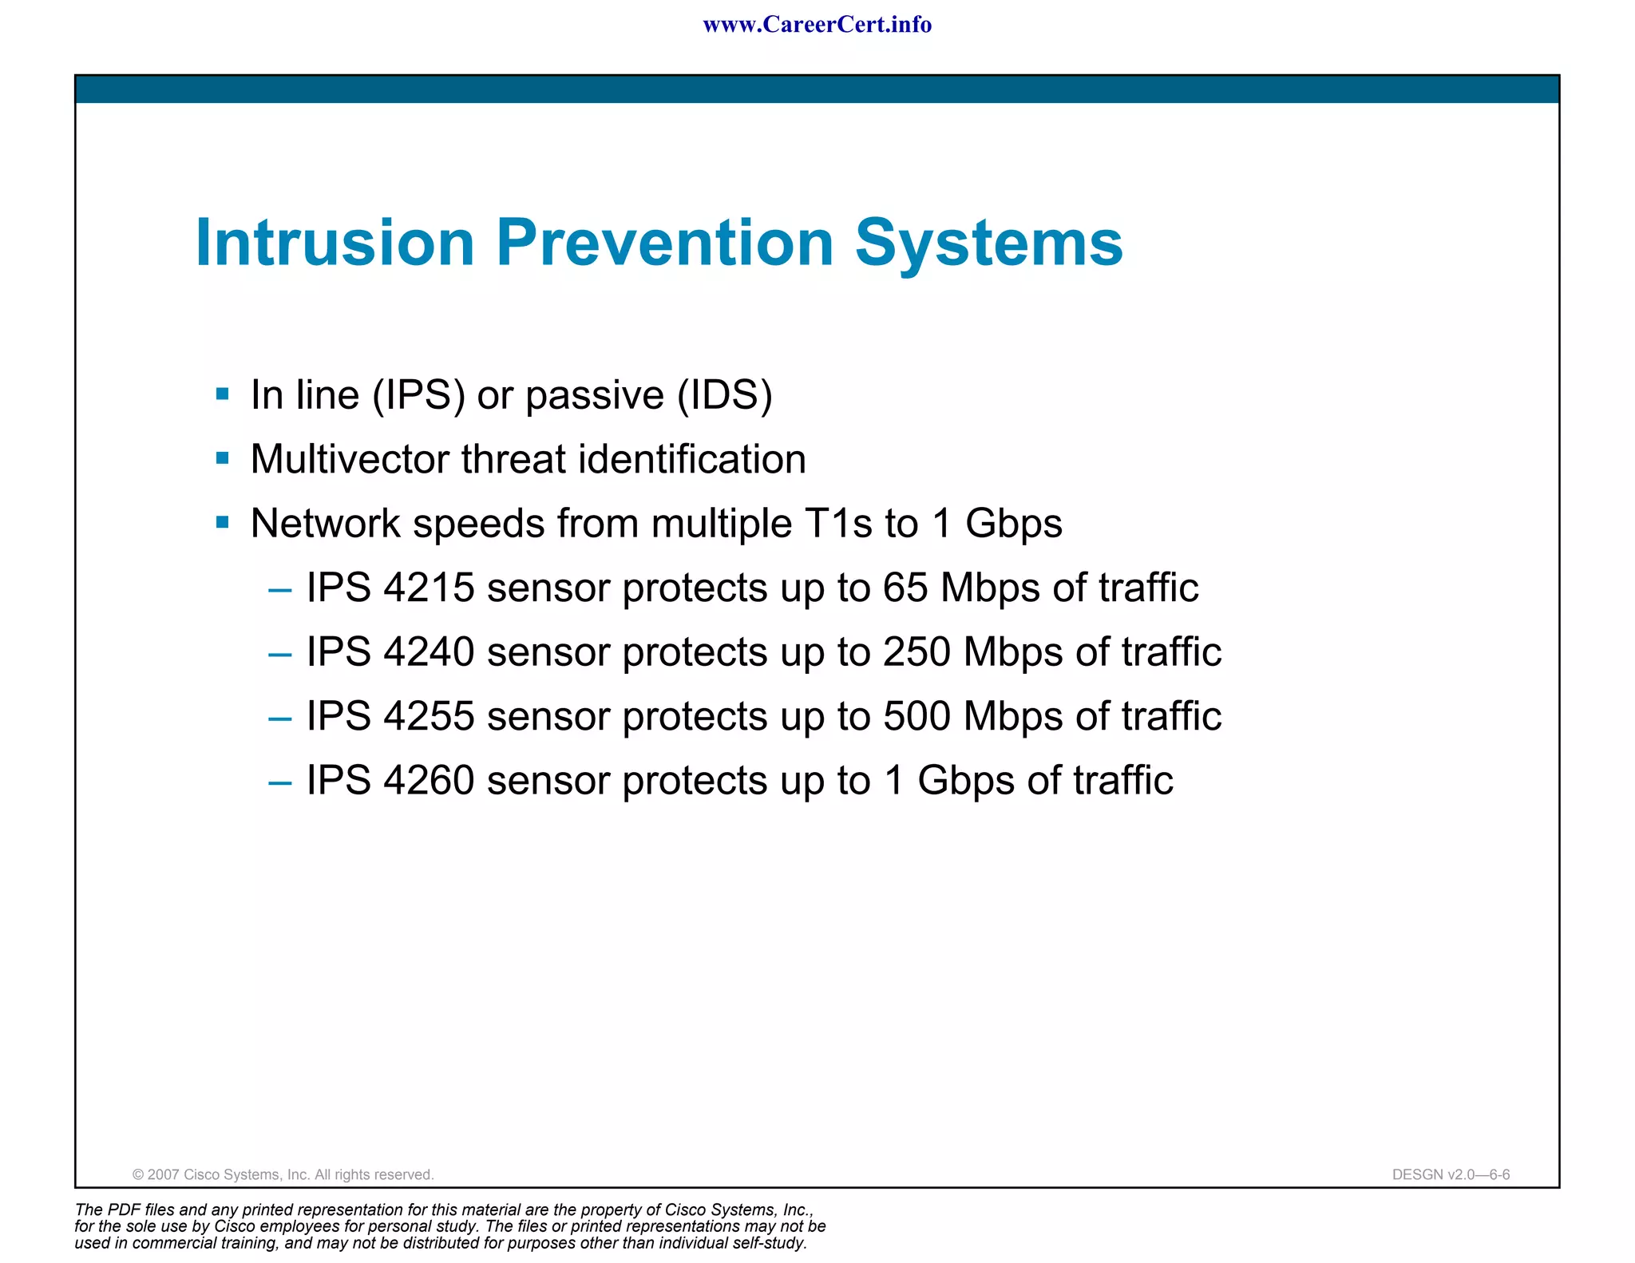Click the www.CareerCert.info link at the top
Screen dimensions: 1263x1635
point(817,25)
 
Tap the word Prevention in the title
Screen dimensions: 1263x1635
point(664,243)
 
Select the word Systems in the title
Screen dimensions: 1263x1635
point(988,243)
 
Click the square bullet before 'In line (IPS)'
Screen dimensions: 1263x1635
point(223,394)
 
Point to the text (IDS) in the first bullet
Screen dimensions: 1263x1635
point(725,395)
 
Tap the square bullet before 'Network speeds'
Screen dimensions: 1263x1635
point(223,523)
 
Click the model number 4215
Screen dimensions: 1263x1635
point(429,588)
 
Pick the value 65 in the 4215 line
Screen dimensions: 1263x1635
point(905,588)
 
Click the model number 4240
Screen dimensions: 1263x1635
point(429,652)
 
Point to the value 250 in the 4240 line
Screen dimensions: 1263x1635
point(916,652)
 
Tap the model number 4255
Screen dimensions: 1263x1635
point(429,716)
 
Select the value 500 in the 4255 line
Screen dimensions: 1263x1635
point(916,716)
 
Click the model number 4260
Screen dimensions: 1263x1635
point(429,780)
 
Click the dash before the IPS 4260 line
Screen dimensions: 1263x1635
point(280,782)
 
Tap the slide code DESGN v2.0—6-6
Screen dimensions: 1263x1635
point(1451,1174)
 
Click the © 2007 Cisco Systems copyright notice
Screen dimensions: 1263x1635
point(283,1174)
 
